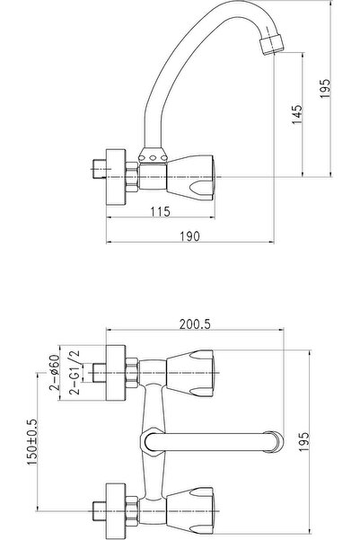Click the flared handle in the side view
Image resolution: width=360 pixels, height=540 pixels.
click(193, 165)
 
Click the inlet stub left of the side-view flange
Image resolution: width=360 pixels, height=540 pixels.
click(96, 167)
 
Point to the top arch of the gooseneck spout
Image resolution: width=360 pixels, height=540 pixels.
click(215, 11)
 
